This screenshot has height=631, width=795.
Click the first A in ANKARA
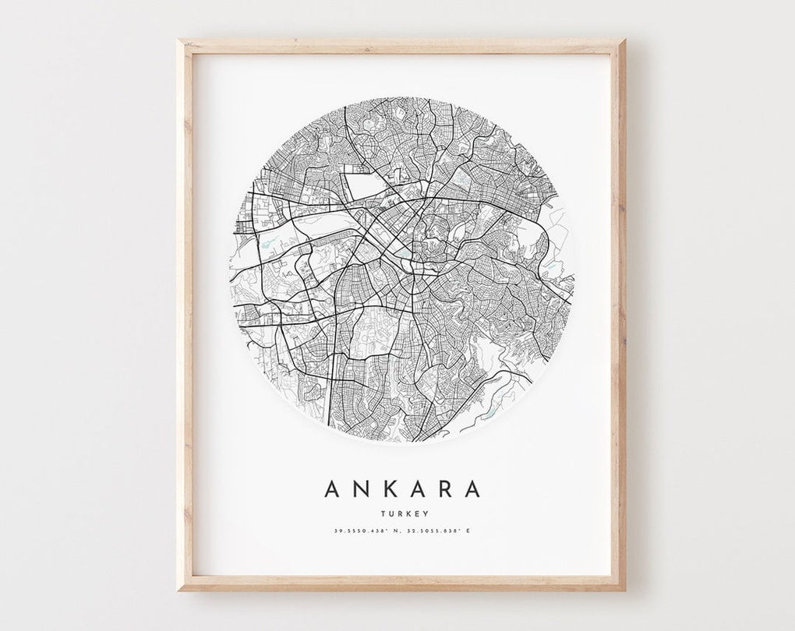331,488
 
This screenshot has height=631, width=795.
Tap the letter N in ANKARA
360,488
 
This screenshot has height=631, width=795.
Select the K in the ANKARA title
389,488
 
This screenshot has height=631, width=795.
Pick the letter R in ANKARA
445,488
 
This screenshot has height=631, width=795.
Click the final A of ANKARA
472,488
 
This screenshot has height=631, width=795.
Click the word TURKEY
402,513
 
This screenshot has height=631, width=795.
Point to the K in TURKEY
406,513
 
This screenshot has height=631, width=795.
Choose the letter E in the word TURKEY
413,513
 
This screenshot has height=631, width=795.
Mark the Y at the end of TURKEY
420,513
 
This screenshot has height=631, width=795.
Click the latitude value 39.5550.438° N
366,531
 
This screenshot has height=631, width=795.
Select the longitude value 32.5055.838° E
438,531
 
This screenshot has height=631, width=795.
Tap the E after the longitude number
469,531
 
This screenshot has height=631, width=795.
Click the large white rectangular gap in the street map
362,186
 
